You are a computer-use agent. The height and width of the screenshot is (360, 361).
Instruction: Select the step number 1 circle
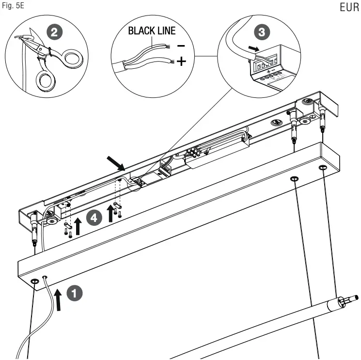pos(75,293)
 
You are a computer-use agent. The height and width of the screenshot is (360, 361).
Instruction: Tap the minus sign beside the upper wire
pos(180,46)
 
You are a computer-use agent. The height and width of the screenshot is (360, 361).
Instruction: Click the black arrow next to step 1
pos(59,300)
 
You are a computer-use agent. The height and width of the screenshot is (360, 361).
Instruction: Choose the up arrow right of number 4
pos(111,213)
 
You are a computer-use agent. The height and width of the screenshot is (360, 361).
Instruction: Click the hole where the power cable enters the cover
pos(45,278)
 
